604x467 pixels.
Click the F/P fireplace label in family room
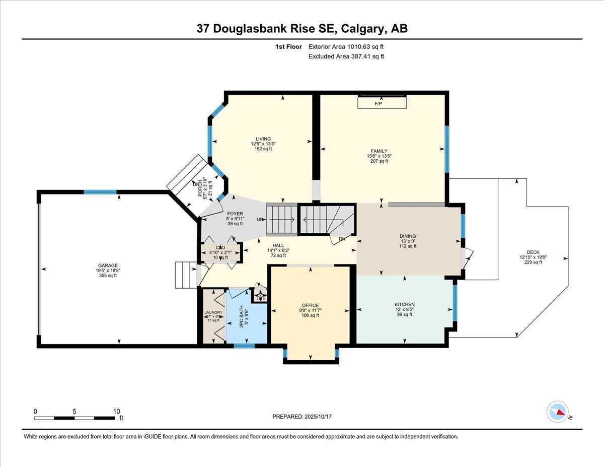pyautogui.click(x=379, y=104)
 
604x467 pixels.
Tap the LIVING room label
pyautogui.click(x=263, y=139)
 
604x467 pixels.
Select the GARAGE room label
pyautogui.click(x=108, y=265)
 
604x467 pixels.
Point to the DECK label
pyautogui.click(x=533, y=252)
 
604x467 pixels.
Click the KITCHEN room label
pyautogui.click(x=404, y=304)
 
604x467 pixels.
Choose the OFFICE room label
pyautogui.click(x=310, y=305)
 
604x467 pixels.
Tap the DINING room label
pyautogui.click(x=408, y=236)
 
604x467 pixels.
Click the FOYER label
pyautogui.click(x=235, y=214)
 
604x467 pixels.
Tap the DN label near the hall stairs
pyautogui.click(x=342, y=239)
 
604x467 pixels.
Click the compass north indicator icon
pyautogui.click(x=558, y=412)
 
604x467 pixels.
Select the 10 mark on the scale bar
pyautogui.click(x=116, y=411)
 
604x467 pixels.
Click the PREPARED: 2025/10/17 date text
pyautogui.click(x=303, y=417)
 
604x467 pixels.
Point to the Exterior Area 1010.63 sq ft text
pyautogui.click(x=346, y=47)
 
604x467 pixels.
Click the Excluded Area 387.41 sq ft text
pyautogui.click(x=346, y=56)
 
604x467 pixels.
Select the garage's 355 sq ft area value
pyautogui.click(x=108, y=276)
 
